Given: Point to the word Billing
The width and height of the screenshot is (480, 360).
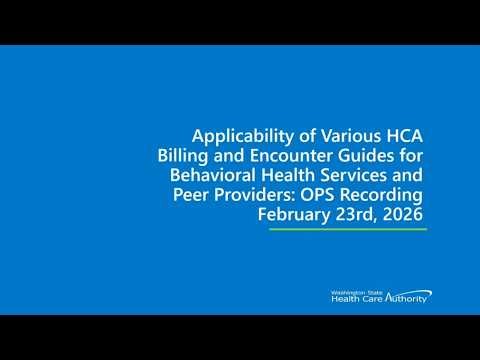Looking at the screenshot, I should [x=184, y=156].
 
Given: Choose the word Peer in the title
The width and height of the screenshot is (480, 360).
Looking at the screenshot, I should [x=187, y=194].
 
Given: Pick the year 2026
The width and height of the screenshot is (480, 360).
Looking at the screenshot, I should [x=405, y=213].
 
